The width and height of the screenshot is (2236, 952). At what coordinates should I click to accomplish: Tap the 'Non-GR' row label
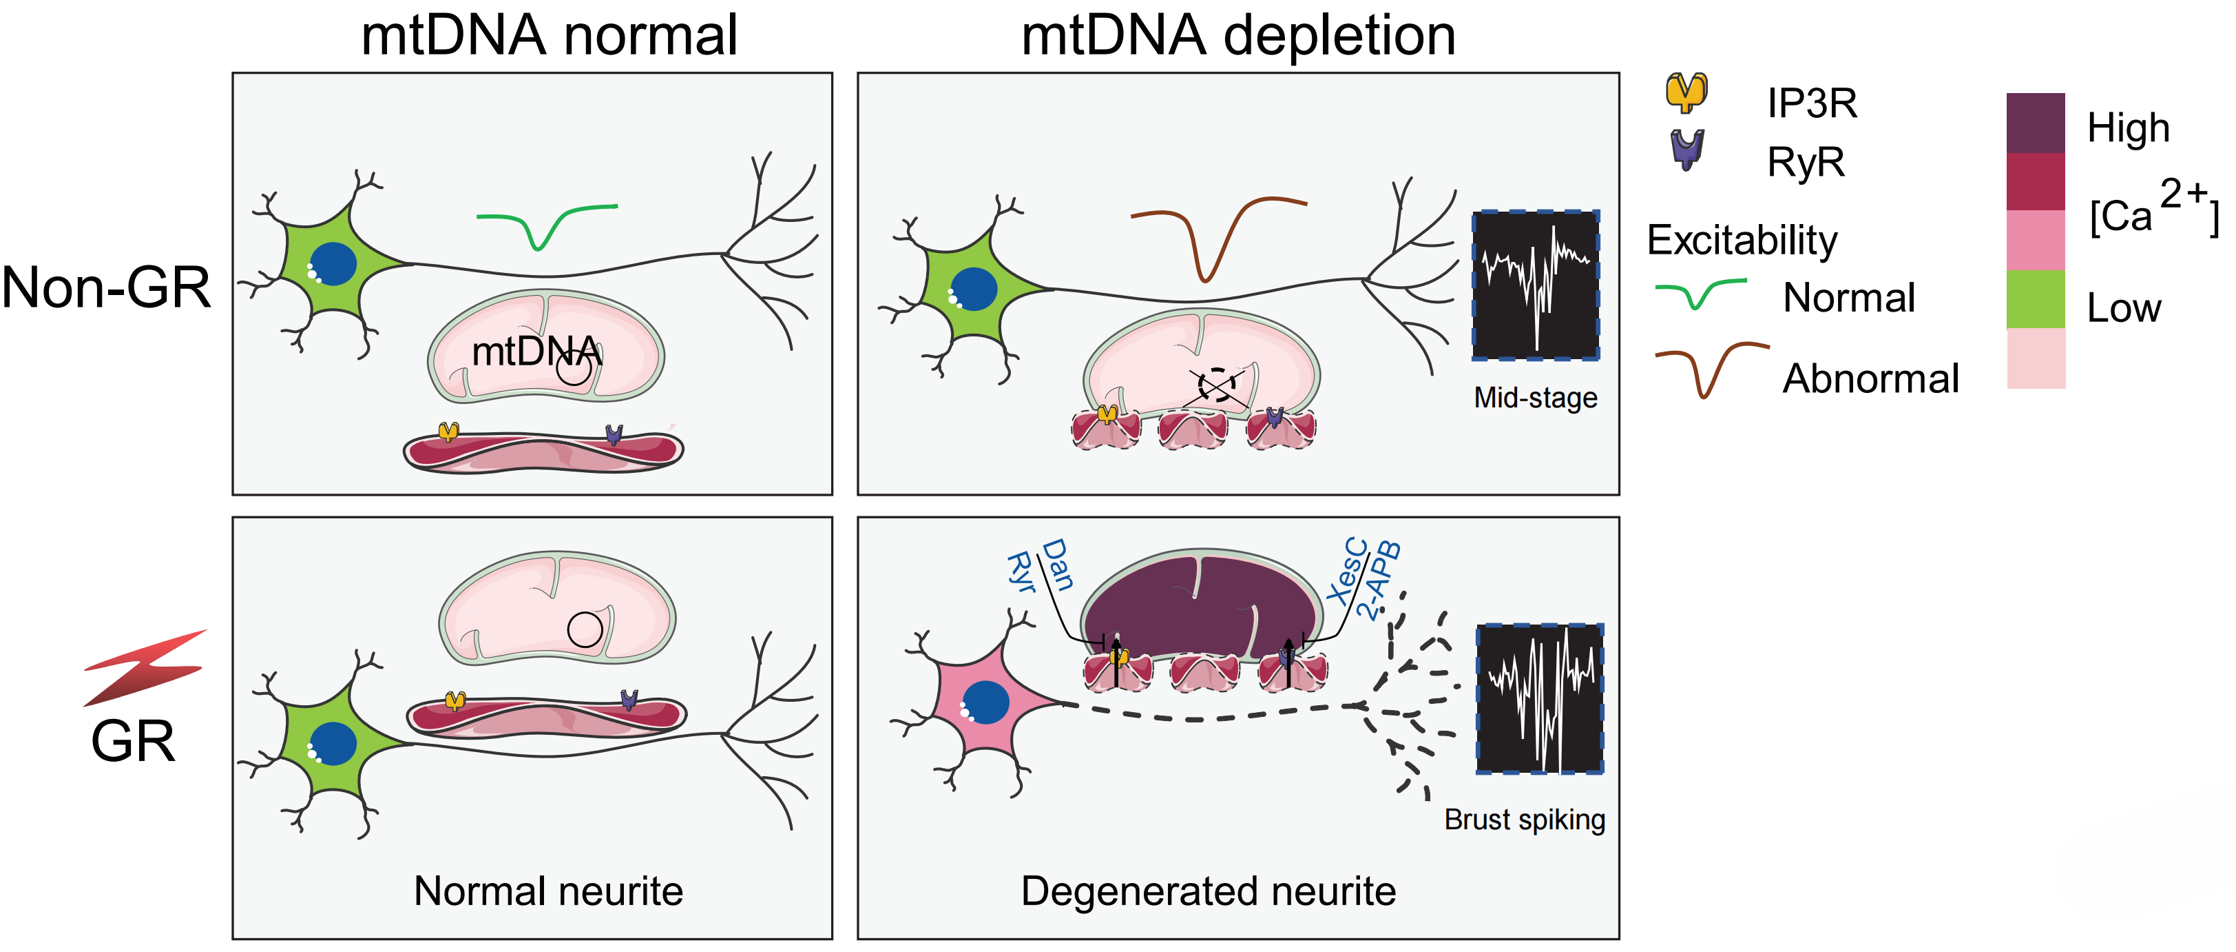tap(107, 287)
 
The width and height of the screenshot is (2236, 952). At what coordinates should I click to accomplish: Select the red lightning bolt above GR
tap(146, 667)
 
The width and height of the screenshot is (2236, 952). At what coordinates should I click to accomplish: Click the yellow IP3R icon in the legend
tap(1686, 92)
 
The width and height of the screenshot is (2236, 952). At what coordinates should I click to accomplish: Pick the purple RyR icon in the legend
tap(1686, 150)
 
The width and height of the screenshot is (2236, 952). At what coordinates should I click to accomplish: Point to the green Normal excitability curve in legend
tap(1700, 294)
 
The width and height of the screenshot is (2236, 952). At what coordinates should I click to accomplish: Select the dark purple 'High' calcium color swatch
tap(2035, 123)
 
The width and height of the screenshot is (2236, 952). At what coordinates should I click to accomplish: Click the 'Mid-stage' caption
tap(1535, 398)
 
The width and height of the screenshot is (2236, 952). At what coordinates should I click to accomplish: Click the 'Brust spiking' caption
tap(1523, 819)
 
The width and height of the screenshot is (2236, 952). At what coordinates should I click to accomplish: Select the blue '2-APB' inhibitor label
tap(1377, 580)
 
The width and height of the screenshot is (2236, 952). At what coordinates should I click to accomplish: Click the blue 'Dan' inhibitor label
tap(1057, 564)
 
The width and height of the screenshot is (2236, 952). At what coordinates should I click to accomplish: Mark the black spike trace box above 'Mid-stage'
tap(1535, 285)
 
